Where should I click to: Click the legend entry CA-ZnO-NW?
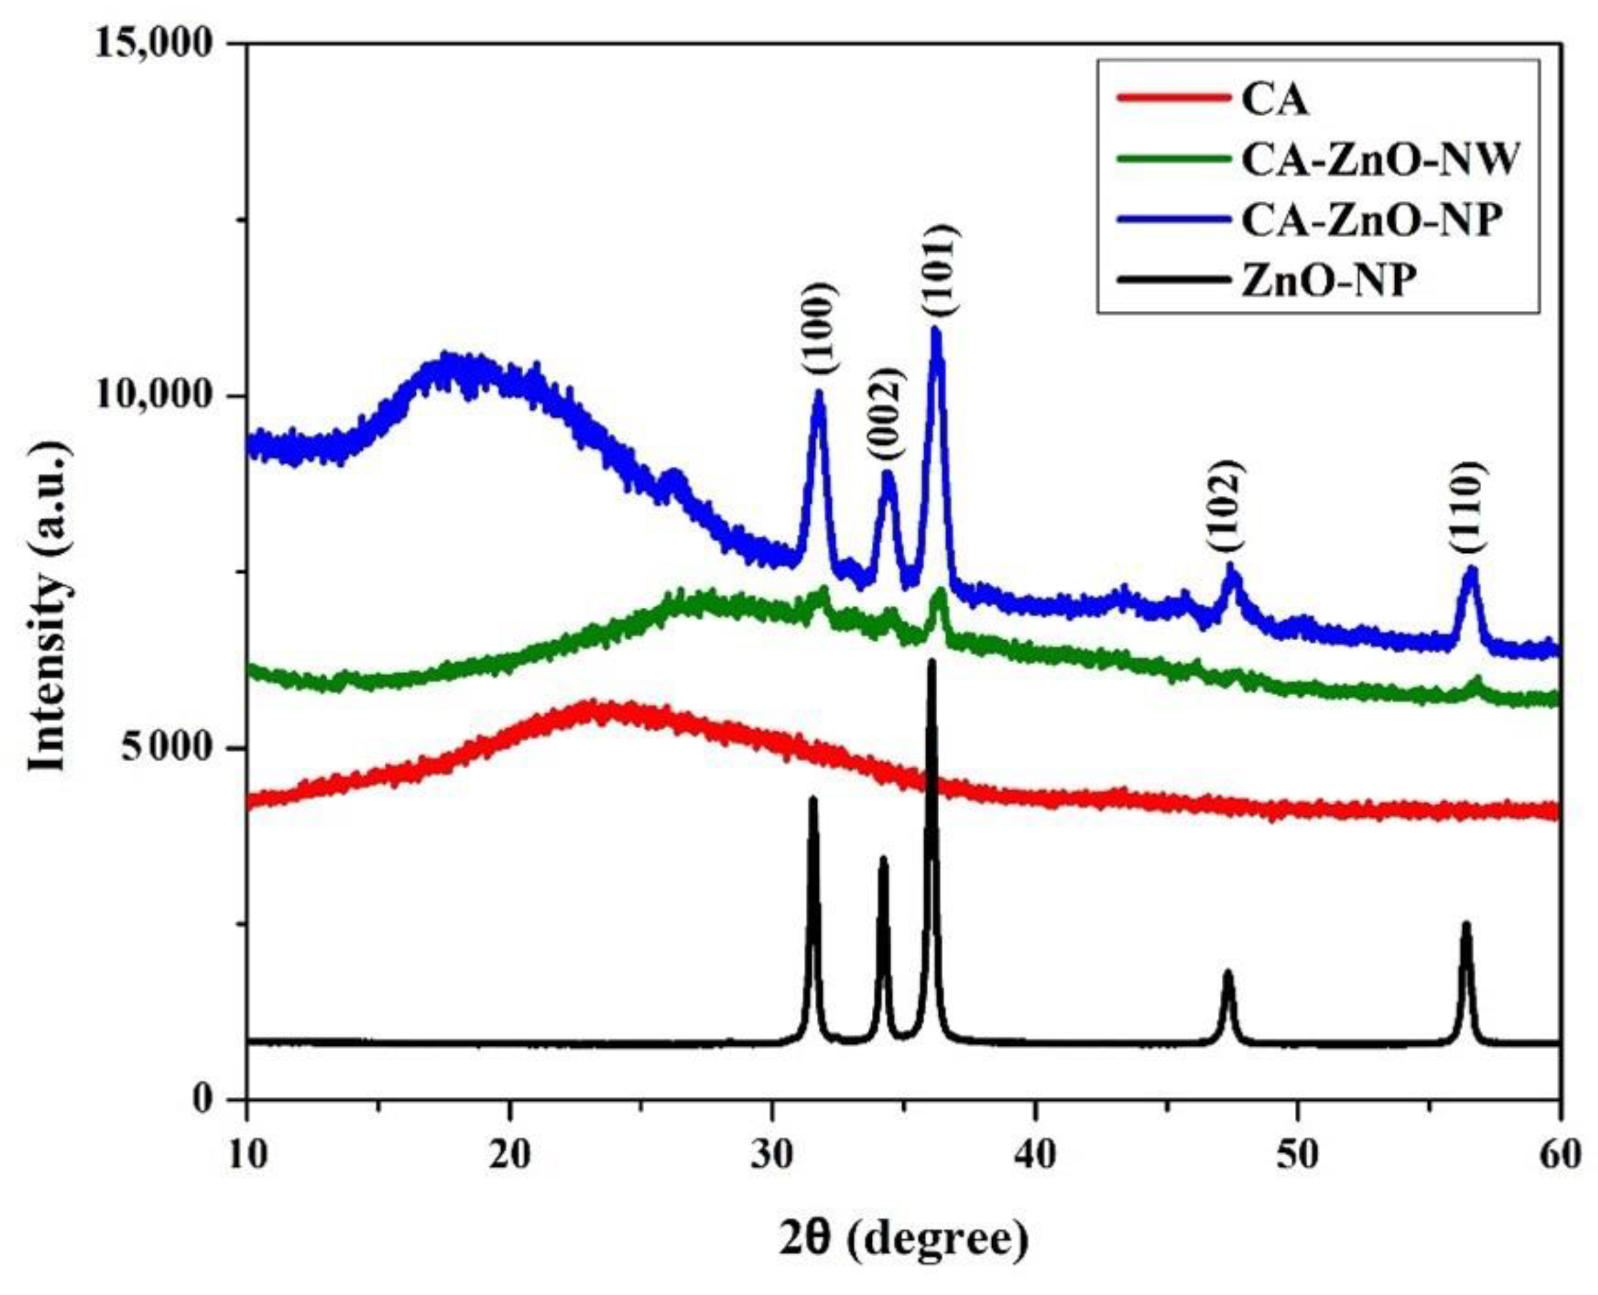point(1377,160)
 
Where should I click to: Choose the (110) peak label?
point(1469,508)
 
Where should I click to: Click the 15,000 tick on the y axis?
point(156,44)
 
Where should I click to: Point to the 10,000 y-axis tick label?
point(156,396)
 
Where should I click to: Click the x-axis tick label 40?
point(1034,1155)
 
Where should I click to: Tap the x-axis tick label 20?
point(510,1155)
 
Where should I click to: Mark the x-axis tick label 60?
point(1559,1155)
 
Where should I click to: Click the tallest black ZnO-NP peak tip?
point(931,662)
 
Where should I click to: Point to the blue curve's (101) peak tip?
point(936,330)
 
